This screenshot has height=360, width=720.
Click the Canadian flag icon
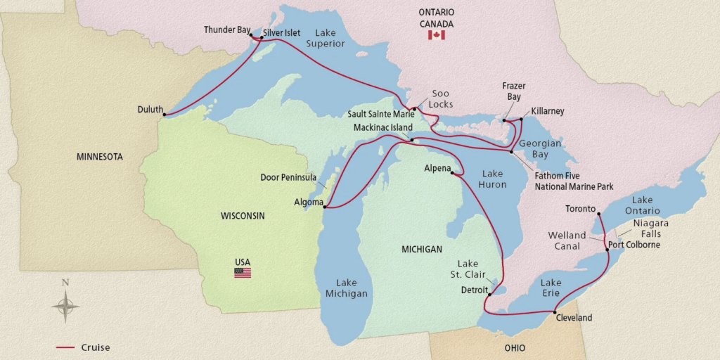(436, 34)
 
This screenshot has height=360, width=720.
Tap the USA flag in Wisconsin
(243, 273)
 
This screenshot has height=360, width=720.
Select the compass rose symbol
(65, 306)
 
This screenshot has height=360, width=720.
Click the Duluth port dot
(164, 115)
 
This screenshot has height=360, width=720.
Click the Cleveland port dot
(555, 311)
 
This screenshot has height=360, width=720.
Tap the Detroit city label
(475, 289)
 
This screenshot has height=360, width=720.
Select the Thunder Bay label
(227, 30)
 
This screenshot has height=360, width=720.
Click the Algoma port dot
(324, 207)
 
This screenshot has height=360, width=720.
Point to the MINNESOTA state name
(99, 157)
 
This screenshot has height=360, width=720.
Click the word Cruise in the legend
(95, 347)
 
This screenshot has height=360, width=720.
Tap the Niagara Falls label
(650, 228)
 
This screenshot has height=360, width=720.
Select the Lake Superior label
(330, 38)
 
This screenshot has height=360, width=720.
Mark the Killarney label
(548, 111)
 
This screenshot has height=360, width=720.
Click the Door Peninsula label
(288, 178)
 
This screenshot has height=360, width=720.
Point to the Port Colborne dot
(607, 250)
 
